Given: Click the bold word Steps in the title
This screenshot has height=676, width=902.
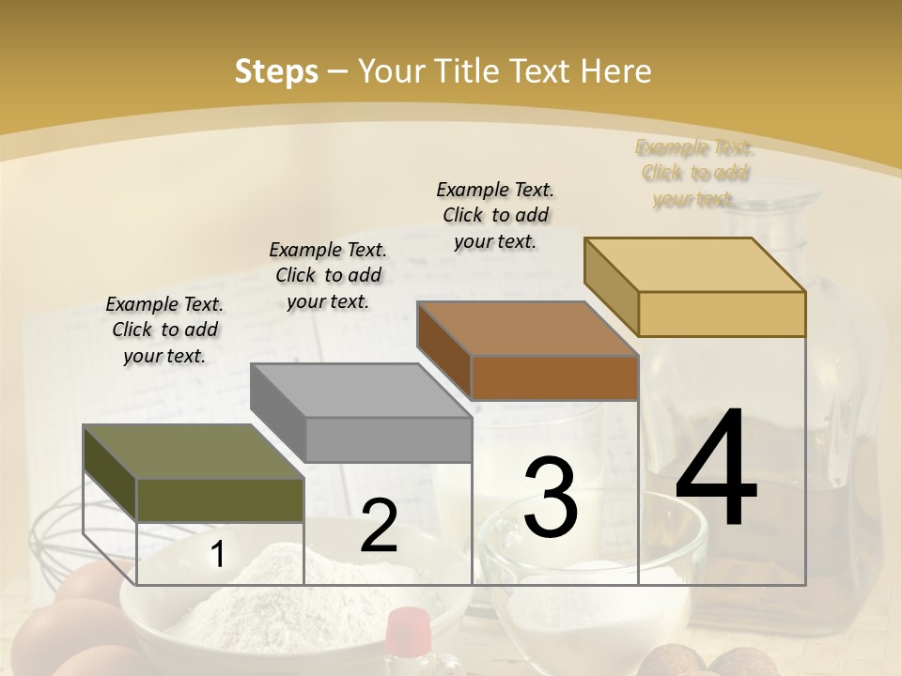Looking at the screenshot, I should pyautogui.click(x=276, y=71).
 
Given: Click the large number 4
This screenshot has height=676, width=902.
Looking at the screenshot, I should pyautogui.click(x=716, y=469).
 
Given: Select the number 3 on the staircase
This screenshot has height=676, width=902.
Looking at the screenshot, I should pyautogui.click(x=551, y=497).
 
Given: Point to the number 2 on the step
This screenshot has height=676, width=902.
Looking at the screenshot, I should pyautogui.click(x=379, y=526).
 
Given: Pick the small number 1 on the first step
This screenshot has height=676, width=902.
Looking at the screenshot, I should pyautogui.click(x=217, y=555).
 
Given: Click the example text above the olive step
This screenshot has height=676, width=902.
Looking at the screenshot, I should pyautogui.click(x=164, y=330).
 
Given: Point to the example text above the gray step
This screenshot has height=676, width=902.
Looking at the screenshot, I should pyautogui.click(x=328, y=275).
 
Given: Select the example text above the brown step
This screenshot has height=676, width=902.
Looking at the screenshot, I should pyautogui.click(x=495, y=215).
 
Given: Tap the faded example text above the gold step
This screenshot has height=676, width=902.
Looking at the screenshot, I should pyautogui.click(x=694, y=173).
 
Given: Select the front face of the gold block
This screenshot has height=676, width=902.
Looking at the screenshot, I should pyautogui.click(x=722, y=314).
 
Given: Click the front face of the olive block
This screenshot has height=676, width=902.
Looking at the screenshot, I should pyautogui.click(x=220, y=499).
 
